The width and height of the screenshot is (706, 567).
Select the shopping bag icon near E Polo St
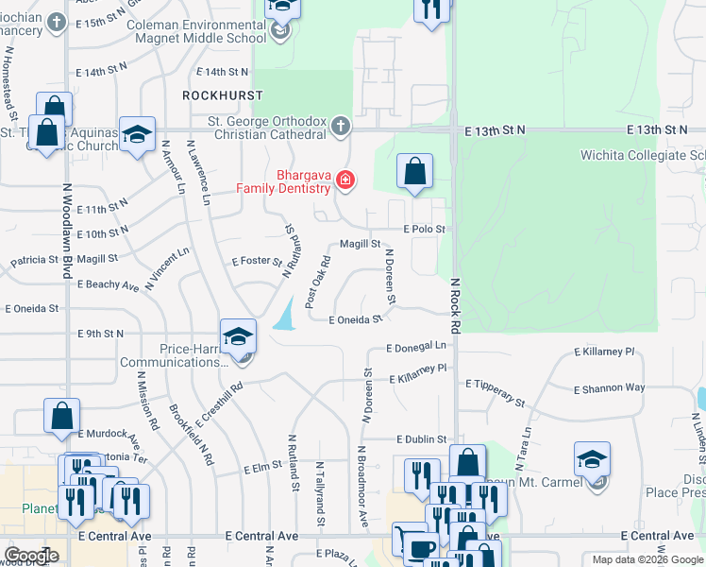click(x=414, y=172)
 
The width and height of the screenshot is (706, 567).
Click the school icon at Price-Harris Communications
click(x=238, y=337)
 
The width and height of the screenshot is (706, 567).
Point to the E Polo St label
click(x=424, y=229)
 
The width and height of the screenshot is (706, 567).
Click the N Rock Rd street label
click(x=454, y=305)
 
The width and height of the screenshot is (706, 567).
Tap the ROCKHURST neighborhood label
click(x=223, y=95)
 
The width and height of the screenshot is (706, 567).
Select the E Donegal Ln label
click(x=416, y=348)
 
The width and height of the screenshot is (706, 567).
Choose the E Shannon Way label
click(x=610, y=387)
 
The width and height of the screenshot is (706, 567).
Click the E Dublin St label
click(x=420, y=438)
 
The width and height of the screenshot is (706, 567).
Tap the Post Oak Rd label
click(x=316, y=282)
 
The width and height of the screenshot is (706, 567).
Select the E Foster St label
click(x=257, y=261)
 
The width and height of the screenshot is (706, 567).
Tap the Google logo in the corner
click(x=31, y=556)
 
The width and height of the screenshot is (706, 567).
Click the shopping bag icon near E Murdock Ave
click(x=61, y=417)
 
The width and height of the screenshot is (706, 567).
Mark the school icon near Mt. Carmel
click(x=592, y=460)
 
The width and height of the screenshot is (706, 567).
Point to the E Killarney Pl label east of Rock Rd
click(x=604, y=351)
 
